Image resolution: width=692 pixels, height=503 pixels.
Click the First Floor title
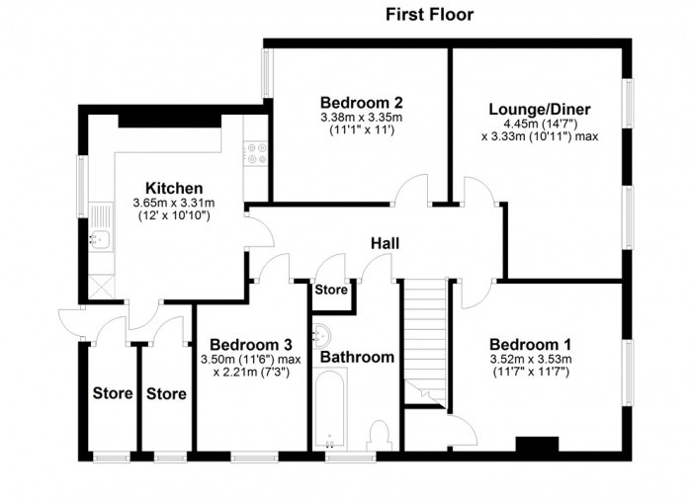click(x=429, y=14)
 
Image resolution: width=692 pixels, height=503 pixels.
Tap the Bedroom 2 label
click(x=362, y=103)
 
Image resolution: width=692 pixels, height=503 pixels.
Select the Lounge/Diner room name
click(x=540, y=110)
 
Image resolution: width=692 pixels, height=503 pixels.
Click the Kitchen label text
click(x=174, y=189)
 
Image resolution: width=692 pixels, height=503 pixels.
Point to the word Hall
click(x=385, y=243)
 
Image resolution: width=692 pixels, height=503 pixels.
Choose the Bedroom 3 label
click(x=251, y=345)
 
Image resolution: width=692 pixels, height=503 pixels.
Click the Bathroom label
click(x=357, y=357)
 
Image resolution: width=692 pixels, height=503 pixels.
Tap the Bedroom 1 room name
click(x=531, y=344)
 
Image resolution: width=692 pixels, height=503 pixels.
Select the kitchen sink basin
click(x=101, y=239)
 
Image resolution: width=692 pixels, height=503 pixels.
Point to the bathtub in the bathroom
click(x=330, y=409)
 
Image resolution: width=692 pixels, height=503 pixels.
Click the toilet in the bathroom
click(x=380, y=436)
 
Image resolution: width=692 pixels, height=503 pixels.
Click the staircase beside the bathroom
click(x=426, y=341)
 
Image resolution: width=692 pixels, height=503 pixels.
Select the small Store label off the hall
click(x=331, y=290)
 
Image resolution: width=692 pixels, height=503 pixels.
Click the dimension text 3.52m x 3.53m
click(x=531, y=359)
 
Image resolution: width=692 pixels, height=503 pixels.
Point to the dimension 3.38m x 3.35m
click(x=362, y=118)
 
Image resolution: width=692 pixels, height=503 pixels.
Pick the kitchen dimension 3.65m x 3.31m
click(x=174, y=203)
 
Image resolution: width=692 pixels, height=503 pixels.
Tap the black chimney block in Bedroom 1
click(x=537, y=444)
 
